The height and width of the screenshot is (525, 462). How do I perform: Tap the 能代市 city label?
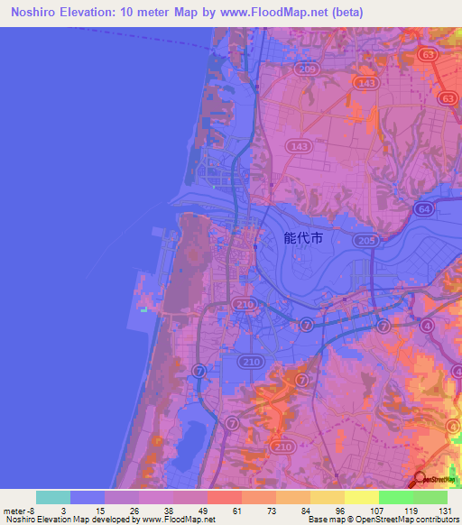(301, 240)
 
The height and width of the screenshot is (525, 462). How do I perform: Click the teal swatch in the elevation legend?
(53, 497)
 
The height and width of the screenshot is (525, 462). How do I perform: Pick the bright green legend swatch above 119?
(396, 497)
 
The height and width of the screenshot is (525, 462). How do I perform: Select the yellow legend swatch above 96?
(328, 497)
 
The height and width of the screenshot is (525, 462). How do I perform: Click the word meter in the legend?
(14, 510)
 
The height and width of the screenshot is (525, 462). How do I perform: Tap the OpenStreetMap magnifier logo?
(421, 481)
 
